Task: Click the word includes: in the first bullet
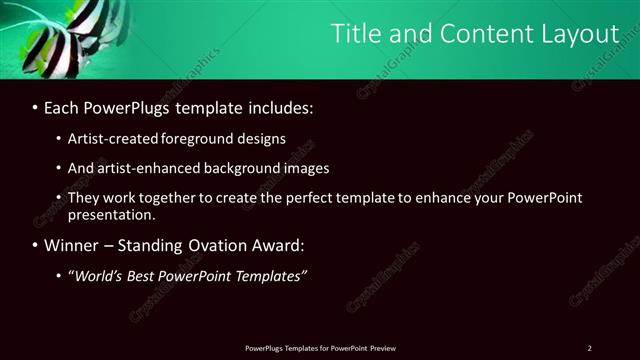[275, 106]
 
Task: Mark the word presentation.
[111, 214]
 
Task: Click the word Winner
[73, 245]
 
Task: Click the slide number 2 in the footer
[589, 347]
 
